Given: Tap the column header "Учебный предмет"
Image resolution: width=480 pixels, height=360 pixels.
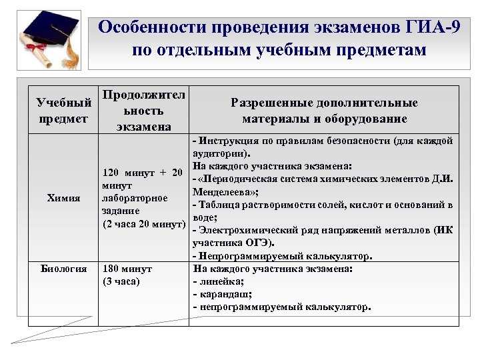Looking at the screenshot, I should [x=63, y=111].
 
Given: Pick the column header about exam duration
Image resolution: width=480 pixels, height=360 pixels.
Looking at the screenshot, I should [x=143, y=110].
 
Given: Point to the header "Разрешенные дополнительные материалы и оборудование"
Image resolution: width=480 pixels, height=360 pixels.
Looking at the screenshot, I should [x=324, y=111].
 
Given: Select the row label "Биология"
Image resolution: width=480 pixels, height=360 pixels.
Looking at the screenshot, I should [x=63, y=269].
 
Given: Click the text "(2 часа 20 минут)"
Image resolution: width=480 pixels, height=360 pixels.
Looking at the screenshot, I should [x=143, y=223].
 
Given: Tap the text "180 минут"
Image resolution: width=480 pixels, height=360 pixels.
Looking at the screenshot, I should [x=127, y=269].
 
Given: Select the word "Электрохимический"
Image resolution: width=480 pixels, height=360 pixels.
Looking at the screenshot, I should [x=243, y=231].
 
